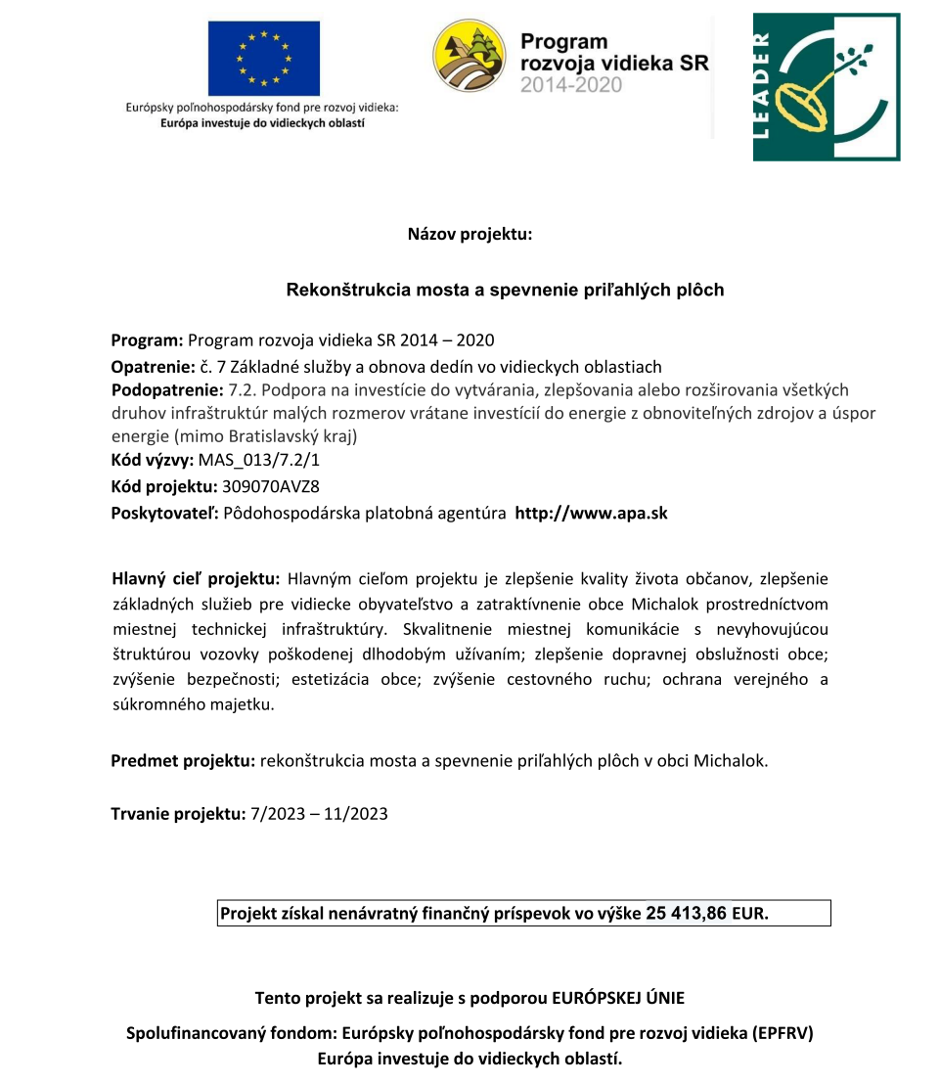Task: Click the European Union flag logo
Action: [x=263, y=59]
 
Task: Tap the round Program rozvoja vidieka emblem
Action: [x=470, y=57]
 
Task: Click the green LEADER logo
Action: [x=826, y=86]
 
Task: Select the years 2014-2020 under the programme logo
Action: [x=571, y=86]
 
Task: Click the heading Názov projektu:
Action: [x=470, y=234]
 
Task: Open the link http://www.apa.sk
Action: [x=591, y=513]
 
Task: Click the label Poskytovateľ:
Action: [x=165, y=513]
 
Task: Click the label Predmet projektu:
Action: [x=183, y=760]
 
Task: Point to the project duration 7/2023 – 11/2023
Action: [x=320, y=813]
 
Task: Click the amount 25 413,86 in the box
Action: [x=686, y=914]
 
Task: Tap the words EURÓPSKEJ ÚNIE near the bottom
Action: [x=618, y=998]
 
